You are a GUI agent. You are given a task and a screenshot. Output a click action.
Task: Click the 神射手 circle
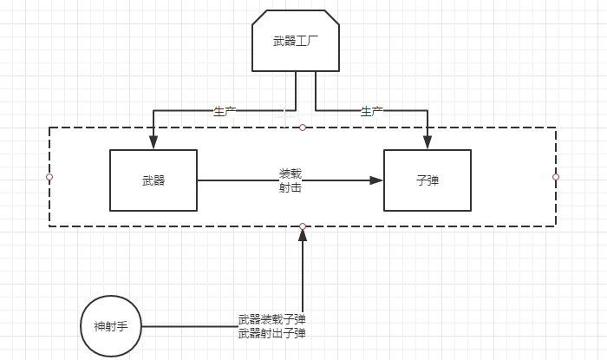[x=110, y=327]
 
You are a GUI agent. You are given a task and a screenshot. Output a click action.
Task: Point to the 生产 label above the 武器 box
[x=225, y=111]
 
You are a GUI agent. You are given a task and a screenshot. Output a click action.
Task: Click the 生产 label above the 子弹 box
[x=372, y=111]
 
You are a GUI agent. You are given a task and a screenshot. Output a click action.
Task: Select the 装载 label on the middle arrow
[x=290, y=173]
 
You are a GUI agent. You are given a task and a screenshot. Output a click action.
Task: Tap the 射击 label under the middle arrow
[x=290, y=187]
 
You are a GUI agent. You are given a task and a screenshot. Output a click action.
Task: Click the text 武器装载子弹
[x=271, y=319]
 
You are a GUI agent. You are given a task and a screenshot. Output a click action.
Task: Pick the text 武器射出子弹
[x=271, y=332]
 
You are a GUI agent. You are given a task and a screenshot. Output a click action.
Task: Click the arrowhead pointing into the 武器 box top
[x=153, y=143]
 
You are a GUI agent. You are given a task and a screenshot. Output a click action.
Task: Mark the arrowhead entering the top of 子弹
[x=428, y=143]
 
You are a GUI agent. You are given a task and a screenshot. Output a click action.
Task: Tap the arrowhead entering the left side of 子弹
[x=376, y=180]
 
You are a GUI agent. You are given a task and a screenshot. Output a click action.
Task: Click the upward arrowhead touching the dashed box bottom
[x=303, y=235]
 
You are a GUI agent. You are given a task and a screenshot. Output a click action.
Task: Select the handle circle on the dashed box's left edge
[x=49, y=177]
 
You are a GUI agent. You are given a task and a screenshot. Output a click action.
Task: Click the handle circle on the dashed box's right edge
[x=556, y=177]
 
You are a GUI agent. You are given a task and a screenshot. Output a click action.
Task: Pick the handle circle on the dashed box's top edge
[x=303, y=128]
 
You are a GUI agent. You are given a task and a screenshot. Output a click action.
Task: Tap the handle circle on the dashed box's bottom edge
[x=303, y=226]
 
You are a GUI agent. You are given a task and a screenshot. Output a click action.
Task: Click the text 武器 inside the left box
[x=153, y=181]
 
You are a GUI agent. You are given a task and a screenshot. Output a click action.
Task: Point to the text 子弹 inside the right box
[x=428, y=181]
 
